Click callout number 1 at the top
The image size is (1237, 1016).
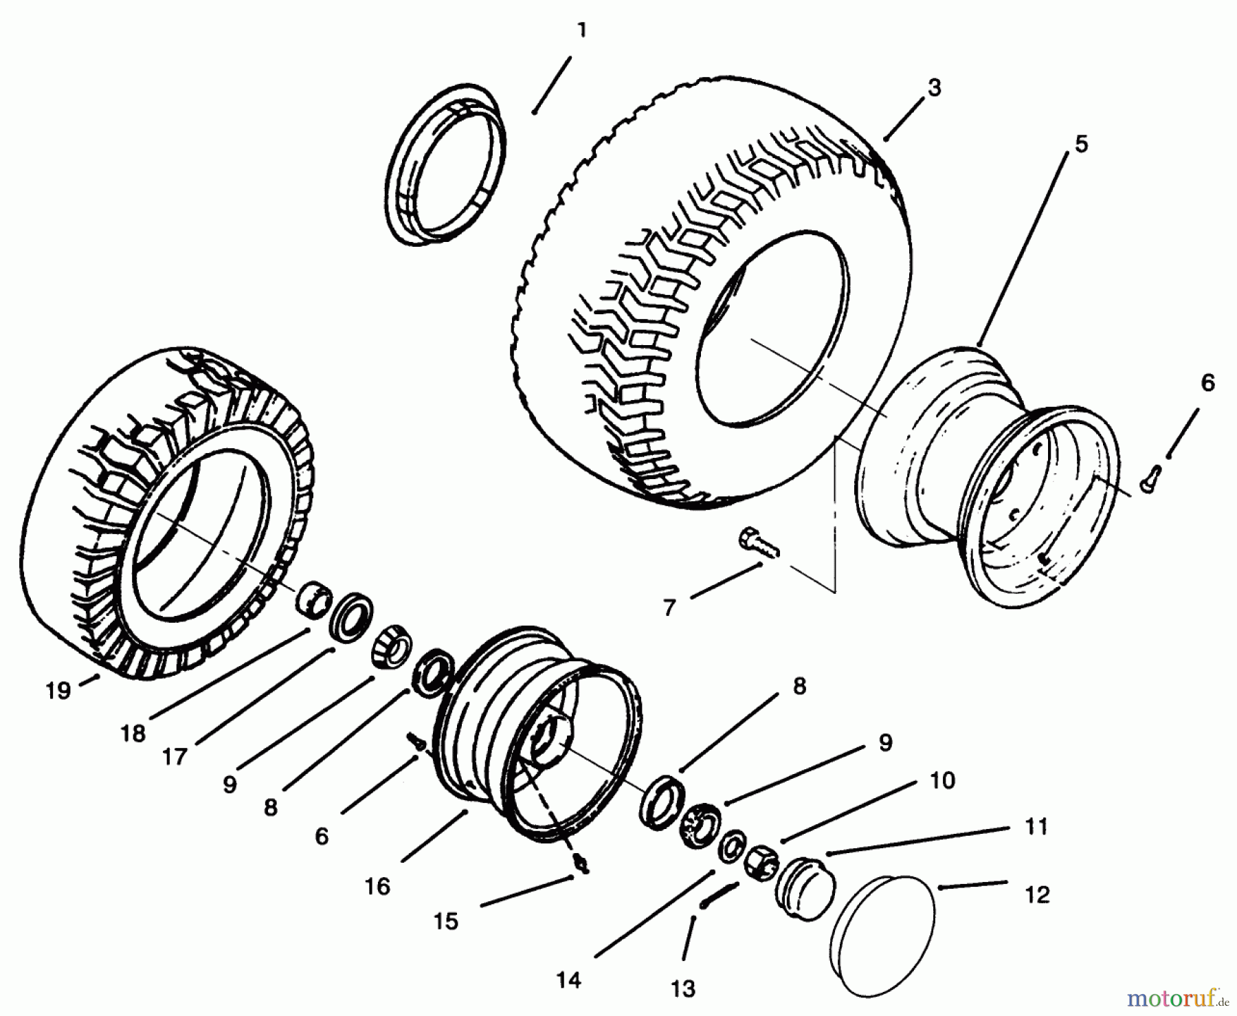pos(581,31)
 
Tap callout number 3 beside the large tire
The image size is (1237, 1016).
pos(934,89)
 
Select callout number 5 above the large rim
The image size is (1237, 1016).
pos(1082,144)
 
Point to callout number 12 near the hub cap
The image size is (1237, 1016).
pos(1037,895)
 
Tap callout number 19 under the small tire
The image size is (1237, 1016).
pos(59,690)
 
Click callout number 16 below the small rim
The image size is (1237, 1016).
pos(377,887)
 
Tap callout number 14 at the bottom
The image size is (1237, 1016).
pos(570,980)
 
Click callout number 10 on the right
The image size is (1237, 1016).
pos(942,780)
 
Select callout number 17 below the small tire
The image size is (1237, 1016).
pos(175,757)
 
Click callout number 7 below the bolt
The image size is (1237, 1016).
pos(670,608)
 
